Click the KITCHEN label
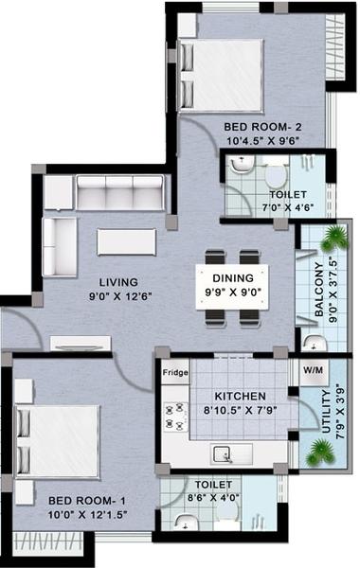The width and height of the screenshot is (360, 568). pos(239,396)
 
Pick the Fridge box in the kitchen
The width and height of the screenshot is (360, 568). pos(174,372)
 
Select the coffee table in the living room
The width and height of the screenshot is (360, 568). pos(126,241)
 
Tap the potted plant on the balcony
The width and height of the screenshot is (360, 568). pos(333,237)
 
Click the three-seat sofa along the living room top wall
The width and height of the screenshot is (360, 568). pos(118,192)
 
